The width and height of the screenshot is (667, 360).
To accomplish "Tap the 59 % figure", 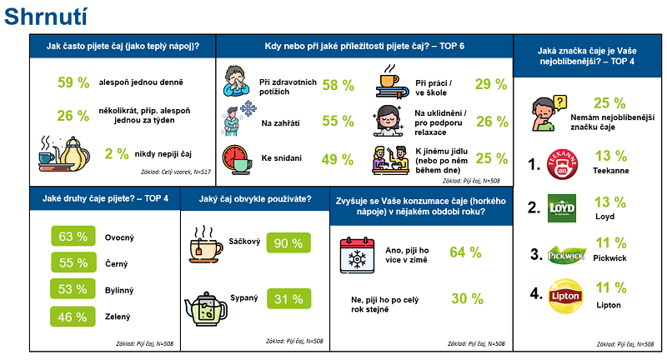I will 73,82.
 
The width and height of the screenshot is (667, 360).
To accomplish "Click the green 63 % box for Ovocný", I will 73,237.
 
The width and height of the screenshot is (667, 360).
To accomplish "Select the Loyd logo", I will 562,208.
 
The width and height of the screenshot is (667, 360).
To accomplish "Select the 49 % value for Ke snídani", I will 339,158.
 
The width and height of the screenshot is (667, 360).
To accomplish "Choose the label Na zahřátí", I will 280,122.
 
